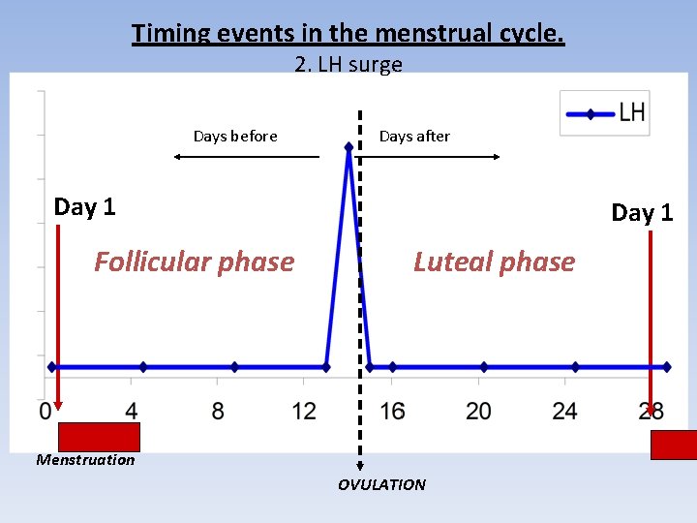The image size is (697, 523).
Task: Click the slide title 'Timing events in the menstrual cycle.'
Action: [x=348, y=34]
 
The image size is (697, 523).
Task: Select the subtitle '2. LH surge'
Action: [x=348, y=65]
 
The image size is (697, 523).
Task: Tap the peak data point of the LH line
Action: [x=348, y=147]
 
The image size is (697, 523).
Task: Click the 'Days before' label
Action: [x=235, y=137]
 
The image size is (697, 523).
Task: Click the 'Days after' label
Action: [x=414, y=137]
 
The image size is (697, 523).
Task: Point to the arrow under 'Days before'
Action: [x=246, y=156]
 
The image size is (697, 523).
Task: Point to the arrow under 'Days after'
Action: [x=439, y=156]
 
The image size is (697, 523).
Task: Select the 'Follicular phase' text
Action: [x=194, y=261]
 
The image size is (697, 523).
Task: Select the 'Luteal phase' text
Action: [x=494, y=261]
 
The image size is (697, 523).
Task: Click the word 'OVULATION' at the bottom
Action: [x=381, y=484]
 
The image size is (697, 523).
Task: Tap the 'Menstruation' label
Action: [x=85, y=460]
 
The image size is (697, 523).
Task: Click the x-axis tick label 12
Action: [x=304, y=412]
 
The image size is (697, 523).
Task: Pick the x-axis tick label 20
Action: [x=478, y=412]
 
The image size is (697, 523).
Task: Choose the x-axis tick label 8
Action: [x=218, y=412]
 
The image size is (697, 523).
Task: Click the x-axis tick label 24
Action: [x=564, y=412]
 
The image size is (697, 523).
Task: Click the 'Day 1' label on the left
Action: [x=84, y=206]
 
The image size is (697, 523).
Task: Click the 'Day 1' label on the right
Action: [x=642, y=213]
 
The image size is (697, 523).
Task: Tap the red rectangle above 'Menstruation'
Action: [x=100, y=437]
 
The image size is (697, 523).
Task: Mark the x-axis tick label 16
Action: [x=392, y=412]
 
